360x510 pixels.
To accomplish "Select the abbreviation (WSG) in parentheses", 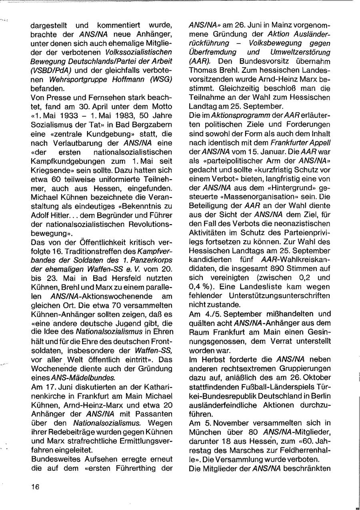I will coord(162,79).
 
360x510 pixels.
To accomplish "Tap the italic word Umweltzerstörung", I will coord(302,52).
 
